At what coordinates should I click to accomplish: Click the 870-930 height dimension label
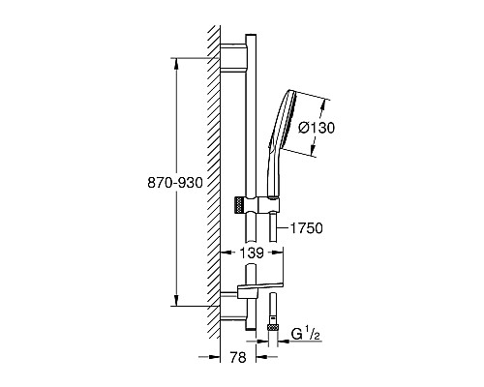(175, 183)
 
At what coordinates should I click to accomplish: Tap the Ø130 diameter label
(317, 128)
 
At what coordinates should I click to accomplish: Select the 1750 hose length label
(306, 228)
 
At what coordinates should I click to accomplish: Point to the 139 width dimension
(252, 253)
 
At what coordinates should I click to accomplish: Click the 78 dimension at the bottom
(238, 357)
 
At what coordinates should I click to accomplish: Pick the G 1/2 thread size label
(305, 334)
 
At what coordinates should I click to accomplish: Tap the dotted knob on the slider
(238, 204)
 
